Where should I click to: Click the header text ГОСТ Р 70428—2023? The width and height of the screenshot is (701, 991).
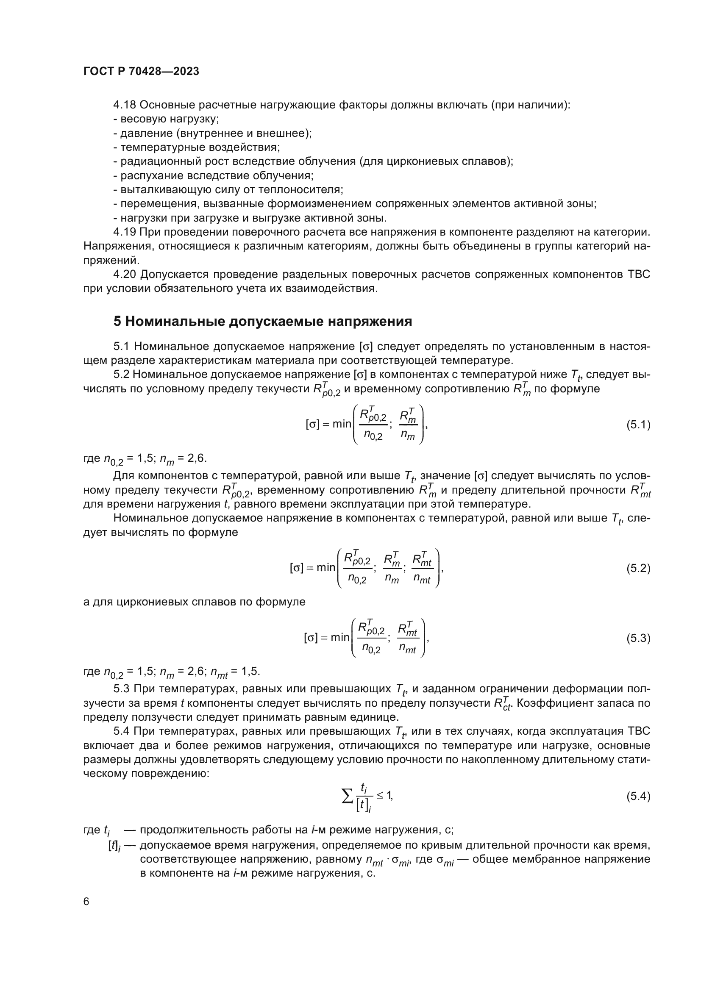pyautogui.click(x=141, y=72)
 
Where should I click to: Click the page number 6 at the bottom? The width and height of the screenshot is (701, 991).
pyautogui.click(x=86, y=902)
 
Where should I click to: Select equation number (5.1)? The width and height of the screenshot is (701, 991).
pyautogui.click(x=638, y=425)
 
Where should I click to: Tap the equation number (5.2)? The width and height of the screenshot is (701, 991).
pyautogui.click(x=638, y=569)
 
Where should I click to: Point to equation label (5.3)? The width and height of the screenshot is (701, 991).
pyautogui.click(x=638, y=638)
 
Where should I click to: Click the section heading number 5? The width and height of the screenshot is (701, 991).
pyautogui.click(x=117, y=322)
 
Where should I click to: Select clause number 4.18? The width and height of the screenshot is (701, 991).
pyautogui.click(x=125, y=105)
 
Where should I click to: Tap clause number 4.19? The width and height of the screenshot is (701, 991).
pyautogui.click(x=125, y=232)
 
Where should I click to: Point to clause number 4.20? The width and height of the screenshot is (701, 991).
pyautogui.click(x=125, y=275)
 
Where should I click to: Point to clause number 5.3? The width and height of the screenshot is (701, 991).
pyautogui.click(x=122, y=688)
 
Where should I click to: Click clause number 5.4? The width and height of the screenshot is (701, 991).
pyautogui.click(x=122, y=731)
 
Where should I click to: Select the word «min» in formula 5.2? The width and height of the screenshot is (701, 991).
pyautogui.click(x=326, y=568)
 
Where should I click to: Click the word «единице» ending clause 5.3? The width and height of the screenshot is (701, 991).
pyautogui.click(x=375, y=717)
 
